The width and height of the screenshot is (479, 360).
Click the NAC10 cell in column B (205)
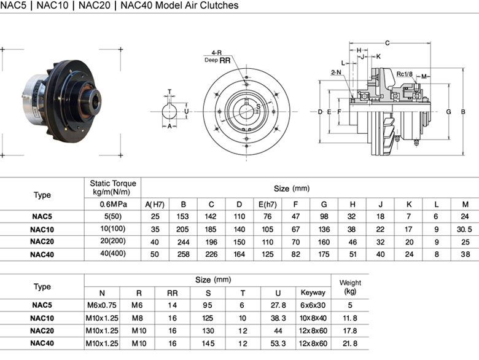pos(182,229)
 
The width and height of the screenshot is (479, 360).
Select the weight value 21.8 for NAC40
pos(350,343)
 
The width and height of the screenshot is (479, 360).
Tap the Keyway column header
pos(313,292)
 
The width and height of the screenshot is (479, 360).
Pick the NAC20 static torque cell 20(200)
pos(113,241)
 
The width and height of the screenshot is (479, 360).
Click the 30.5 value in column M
pos(464,229)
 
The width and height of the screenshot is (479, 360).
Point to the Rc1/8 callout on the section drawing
pos(404,74)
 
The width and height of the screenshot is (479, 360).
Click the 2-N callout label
pos(336,72)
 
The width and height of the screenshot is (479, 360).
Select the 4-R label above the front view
pos(217,53)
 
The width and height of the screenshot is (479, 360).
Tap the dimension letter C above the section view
pos(387,43)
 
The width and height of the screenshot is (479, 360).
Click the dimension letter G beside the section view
pos(448,112)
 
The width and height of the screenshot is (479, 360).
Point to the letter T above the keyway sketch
pos(169,92)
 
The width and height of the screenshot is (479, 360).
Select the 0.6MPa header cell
pos(113,204)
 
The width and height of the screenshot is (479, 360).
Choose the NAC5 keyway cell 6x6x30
pos(313,305)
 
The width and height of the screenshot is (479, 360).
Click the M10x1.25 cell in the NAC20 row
pos(102,331)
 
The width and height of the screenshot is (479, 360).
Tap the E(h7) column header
pos(267,204)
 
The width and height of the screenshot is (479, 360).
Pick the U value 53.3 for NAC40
pos(278,343)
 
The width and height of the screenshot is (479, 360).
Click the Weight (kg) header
pos(350,287)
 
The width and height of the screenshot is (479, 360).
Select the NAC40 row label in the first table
pos(42,254)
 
